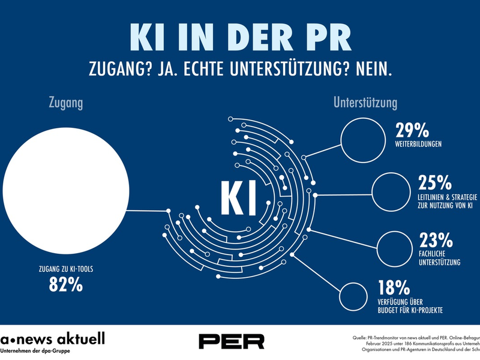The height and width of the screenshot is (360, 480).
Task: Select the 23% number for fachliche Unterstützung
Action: (x=436, y=241)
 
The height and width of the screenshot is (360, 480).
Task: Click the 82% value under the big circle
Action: (x=65, y=285)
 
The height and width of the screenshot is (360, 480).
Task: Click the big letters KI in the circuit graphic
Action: (x=239, y=196)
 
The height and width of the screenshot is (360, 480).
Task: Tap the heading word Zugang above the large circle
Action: (x=65, y=103)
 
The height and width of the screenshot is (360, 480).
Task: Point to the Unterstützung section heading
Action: (x=365, y=103)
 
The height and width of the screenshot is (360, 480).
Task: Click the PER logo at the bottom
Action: (x=232, y=341)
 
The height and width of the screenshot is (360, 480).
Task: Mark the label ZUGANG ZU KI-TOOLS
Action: (x=65, y=269)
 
